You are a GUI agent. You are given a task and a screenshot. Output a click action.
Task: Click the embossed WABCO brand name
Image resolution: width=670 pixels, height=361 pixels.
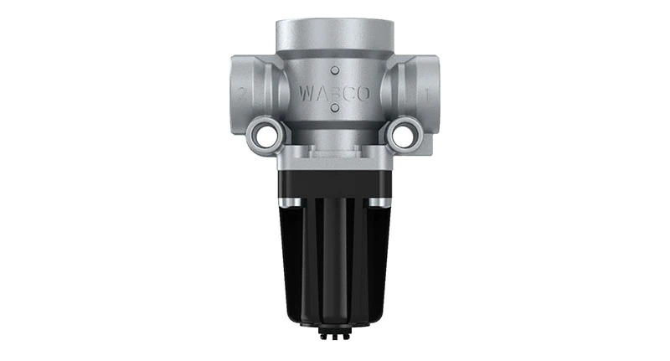pyautogui.click(x=333, y=92)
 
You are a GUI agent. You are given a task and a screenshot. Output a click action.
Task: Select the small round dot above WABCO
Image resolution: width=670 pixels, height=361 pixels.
pyautogui.click(x=334, y=70)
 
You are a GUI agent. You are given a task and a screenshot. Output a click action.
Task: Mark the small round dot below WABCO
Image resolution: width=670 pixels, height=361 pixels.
pyautogui.click(x=334, y=108)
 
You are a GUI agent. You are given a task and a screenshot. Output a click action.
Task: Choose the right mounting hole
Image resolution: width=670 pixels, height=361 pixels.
pyautogui.click(x=405, y=133)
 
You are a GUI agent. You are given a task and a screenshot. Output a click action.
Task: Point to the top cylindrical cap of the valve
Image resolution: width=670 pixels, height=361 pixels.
pyautogui.click(x=334, y=34)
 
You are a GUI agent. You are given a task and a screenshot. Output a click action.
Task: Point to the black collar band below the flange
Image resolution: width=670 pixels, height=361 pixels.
pyautogui.click(x=334, y=184)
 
